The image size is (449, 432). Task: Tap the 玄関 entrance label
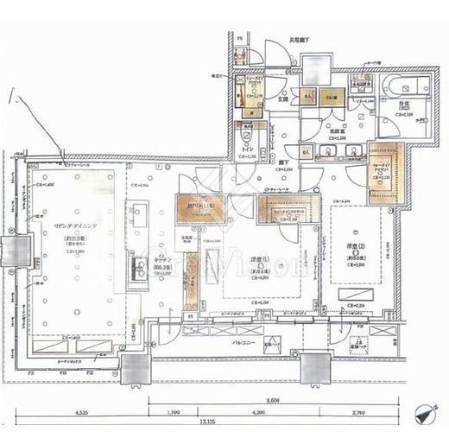282,99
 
